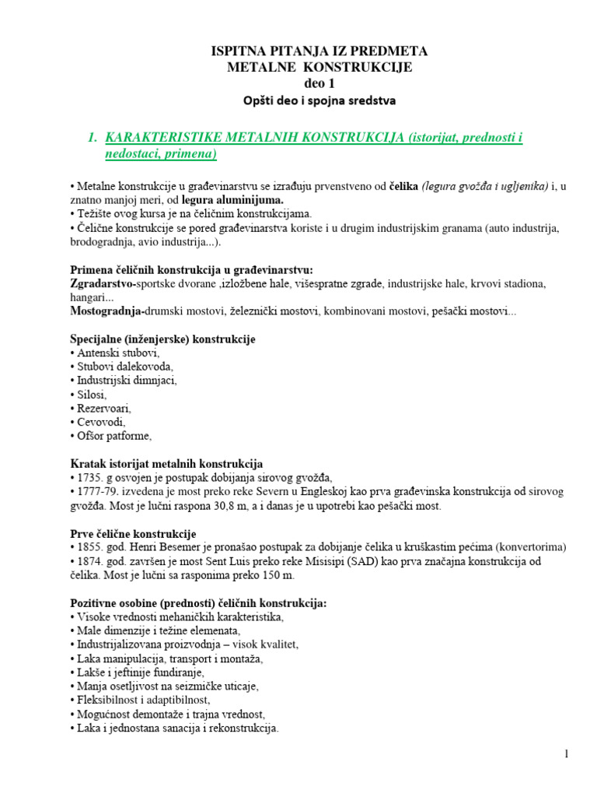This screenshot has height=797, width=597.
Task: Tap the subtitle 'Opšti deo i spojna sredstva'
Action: pyautogui.click(x=319, y=100)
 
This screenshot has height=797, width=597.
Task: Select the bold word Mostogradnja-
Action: pyautogui.click(x=105, y=311)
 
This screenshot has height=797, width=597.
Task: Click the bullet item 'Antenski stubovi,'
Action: pyautogui.click(x=114, y=353)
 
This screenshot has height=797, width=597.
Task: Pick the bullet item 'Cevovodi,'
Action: pyautogui.click(x=101, y=422)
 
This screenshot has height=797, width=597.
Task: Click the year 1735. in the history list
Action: pyautogui.click(x=93, y=478)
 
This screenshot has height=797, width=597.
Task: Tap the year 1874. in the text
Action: pyautogui.click(x=93, y=561)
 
